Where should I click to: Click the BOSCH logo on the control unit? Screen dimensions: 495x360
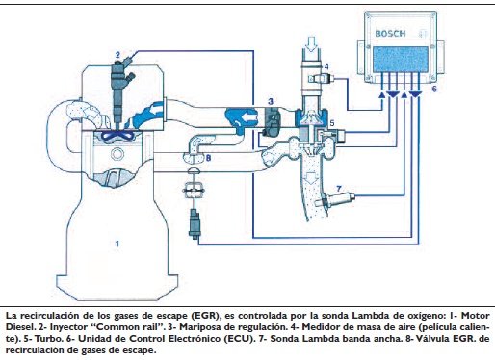coord(390,34)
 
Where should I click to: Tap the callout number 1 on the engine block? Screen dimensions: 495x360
coord(117,244)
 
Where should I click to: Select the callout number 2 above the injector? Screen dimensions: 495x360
coord(117,55)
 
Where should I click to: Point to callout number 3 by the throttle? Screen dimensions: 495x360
coord(271,101)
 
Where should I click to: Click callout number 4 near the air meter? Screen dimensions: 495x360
coord(326,66)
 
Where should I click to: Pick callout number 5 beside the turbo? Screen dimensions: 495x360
coord(332,122)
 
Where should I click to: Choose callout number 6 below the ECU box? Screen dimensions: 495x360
coord(434,89)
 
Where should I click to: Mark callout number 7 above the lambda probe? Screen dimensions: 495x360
coord(339,189)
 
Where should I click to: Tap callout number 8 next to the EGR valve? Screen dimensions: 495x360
coord(208,158)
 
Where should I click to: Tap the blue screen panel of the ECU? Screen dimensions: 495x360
coord(401,59)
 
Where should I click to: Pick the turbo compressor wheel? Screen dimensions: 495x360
coord(310,116)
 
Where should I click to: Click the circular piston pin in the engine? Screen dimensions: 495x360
coord(117,154)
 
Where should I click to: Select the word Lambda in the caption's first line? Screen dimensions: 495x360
coord(366,316)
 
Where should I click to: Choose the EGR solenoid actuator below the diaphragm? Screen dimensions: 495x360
coord(195,223)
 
